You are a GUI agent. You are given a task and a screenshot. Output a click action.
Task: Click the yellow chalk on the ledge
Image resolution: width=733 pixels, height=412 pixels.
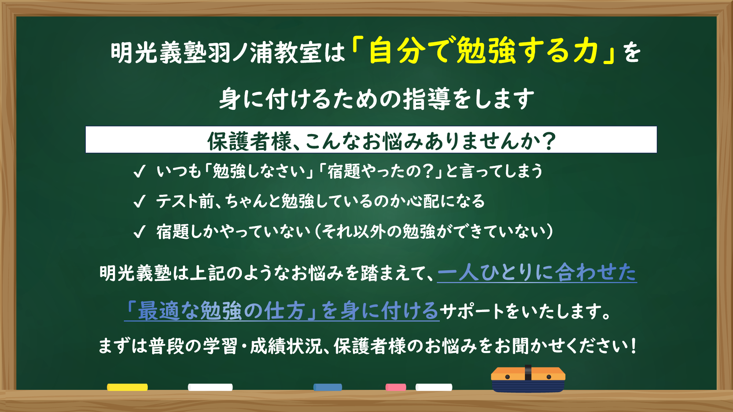pos(127,387)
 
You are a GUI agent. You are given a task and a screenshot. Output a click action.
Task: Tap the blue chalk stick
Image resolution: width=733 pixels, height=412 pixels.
pos(328,387)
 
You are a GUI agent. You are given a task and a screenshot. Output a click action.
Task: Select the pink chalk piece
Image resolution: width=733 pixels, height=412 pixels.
pos(395,387)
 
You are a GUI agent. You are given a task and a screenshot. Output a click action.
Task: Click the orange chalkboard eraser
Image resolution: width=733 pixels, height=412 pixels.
pos(528,379)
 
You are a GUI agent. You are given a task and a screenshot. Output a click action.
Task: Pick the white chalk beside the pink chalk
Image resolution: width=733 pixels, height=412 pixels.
pos(434,387)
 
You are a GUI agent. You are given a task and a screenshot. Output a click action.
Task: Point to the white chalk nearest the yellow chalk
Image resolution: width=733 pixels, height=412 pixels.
pos(210,387)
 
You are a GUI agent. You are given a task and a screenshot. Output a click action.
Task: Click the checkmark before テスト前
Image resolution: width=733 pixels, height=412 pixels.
pos(139,201)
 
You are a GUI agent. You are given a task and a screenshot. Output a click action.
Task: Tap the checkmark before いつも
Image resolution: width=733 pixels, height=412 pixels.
pos(139,171)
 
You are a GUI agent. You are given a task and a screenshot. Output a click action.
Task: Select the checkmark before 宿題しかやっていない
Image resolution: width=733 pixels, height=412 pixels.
pos(139,232)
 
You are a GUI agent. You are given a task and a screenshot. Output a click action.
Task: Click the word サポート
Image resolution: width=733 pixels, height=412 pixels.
pos(472,312)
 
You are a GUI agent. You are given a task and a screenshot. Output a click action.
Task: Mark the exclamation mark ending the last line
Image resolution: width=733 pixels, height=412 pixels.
pos(633,346)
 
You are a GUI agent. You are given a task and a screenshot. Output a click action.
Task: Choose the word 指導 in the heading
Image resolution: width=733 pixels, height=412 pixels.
pos(427,99)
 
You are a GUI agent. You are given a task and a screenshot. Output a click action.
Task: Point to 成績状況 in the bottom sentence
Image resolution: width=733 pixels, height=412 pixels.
pos(286,346)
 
